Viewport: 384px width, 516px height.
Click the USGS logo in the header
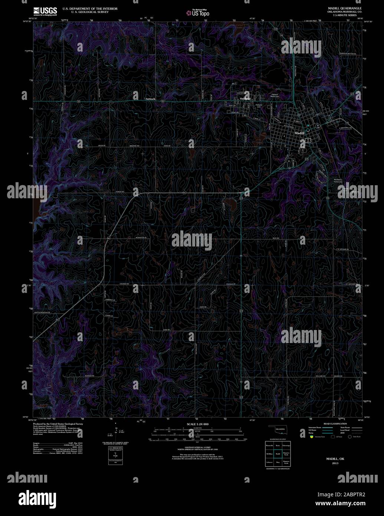45,10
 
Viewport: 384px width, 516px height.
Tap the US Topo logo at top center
198,13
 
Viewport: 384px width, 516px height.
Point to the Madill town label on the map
299,133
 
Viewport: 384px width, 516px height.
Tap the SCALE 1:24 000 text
198,424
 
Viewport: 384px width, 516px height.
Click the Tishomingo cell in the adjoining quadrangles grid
286,445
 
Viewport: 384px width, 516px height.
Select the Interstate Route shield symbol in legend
312,437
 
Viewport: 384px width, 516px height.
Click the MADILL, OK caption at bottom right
335,459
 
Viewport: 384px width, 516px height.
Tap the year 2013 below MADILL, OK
335,463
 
